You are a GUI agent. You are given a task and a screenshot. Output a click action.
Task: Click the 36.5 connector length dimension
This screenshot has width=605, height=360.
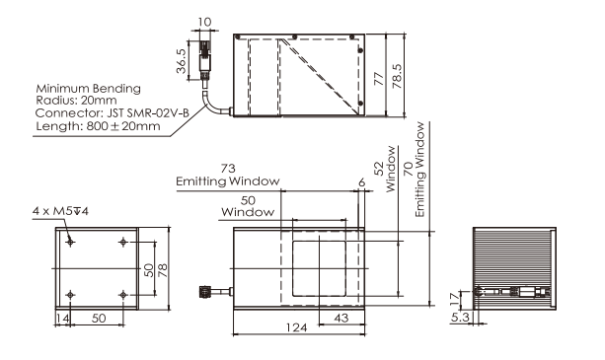coord(181,61)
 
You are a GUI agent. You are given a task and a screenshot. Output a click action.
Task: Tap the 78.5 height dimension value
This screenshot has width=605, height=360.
coord(397,76)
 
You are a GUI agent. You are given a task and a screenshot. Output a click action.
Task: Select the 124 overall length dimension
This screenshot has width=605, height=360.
coord(296,327)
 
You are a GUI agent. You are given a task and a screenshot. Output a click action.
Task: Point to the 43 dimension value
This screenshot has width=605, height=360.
coord(341,318)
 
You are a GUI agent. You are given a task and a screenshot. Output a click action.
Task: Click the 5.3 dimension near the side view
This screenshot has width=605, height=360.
coord(460,318)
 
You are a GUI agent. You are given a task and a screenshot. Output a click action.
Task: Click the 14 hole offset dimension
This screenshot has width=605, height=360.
coord(62,319)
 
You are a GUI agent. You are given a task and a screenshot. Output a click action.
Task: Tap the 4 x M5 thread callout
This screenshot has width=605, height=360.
coord(60,211)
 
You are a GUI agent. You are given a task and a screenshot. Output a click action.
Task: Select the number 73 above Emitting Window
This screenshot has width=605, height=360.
coord(228,169)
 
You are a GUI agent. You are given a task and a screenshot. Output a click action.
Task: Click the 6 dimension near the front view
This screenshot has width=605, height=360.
coord(361,182)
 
